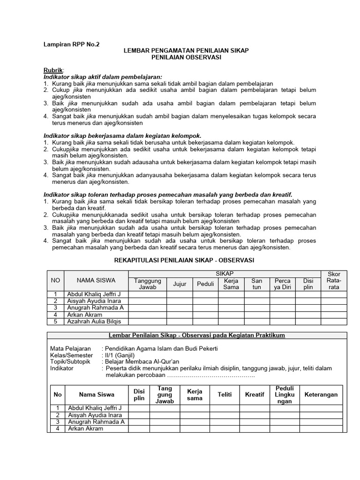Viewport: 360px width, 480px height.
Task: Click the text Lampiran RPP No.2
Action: click(x=71, y=44)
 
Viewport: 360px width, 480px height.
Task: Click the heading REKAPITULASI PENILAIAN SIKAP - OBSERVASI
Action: click(x=184, y=260)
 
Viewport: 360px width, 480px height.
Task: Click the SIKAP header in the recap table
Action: click(x=224, y=273)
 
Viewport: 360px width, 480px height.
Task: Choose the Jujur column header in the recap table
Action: click(x=180, y=284)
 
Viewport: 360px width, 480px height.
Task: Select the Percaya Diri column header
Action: click(x=283, y=284)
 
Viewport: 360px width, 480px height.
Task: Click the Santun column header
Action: click(x=257, y=284)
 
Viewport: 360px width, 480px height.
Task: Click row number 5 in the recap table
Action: click(x=55, y=321)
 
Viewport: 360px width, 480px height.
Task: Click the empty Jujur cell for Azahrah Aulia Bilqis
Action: click(x=180, y=321)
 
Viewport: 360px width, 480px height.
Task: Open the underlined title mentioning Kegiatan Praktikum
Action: click(x=197, y=335)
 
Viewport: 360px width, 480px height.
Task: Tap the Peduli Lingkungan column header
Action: click(x=285, y=395)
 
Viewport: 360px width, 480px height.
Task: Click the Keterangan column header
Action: click(x=321, y=395)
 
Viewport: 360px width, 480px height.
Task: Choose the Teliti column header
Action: click(x=225, y=395)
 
